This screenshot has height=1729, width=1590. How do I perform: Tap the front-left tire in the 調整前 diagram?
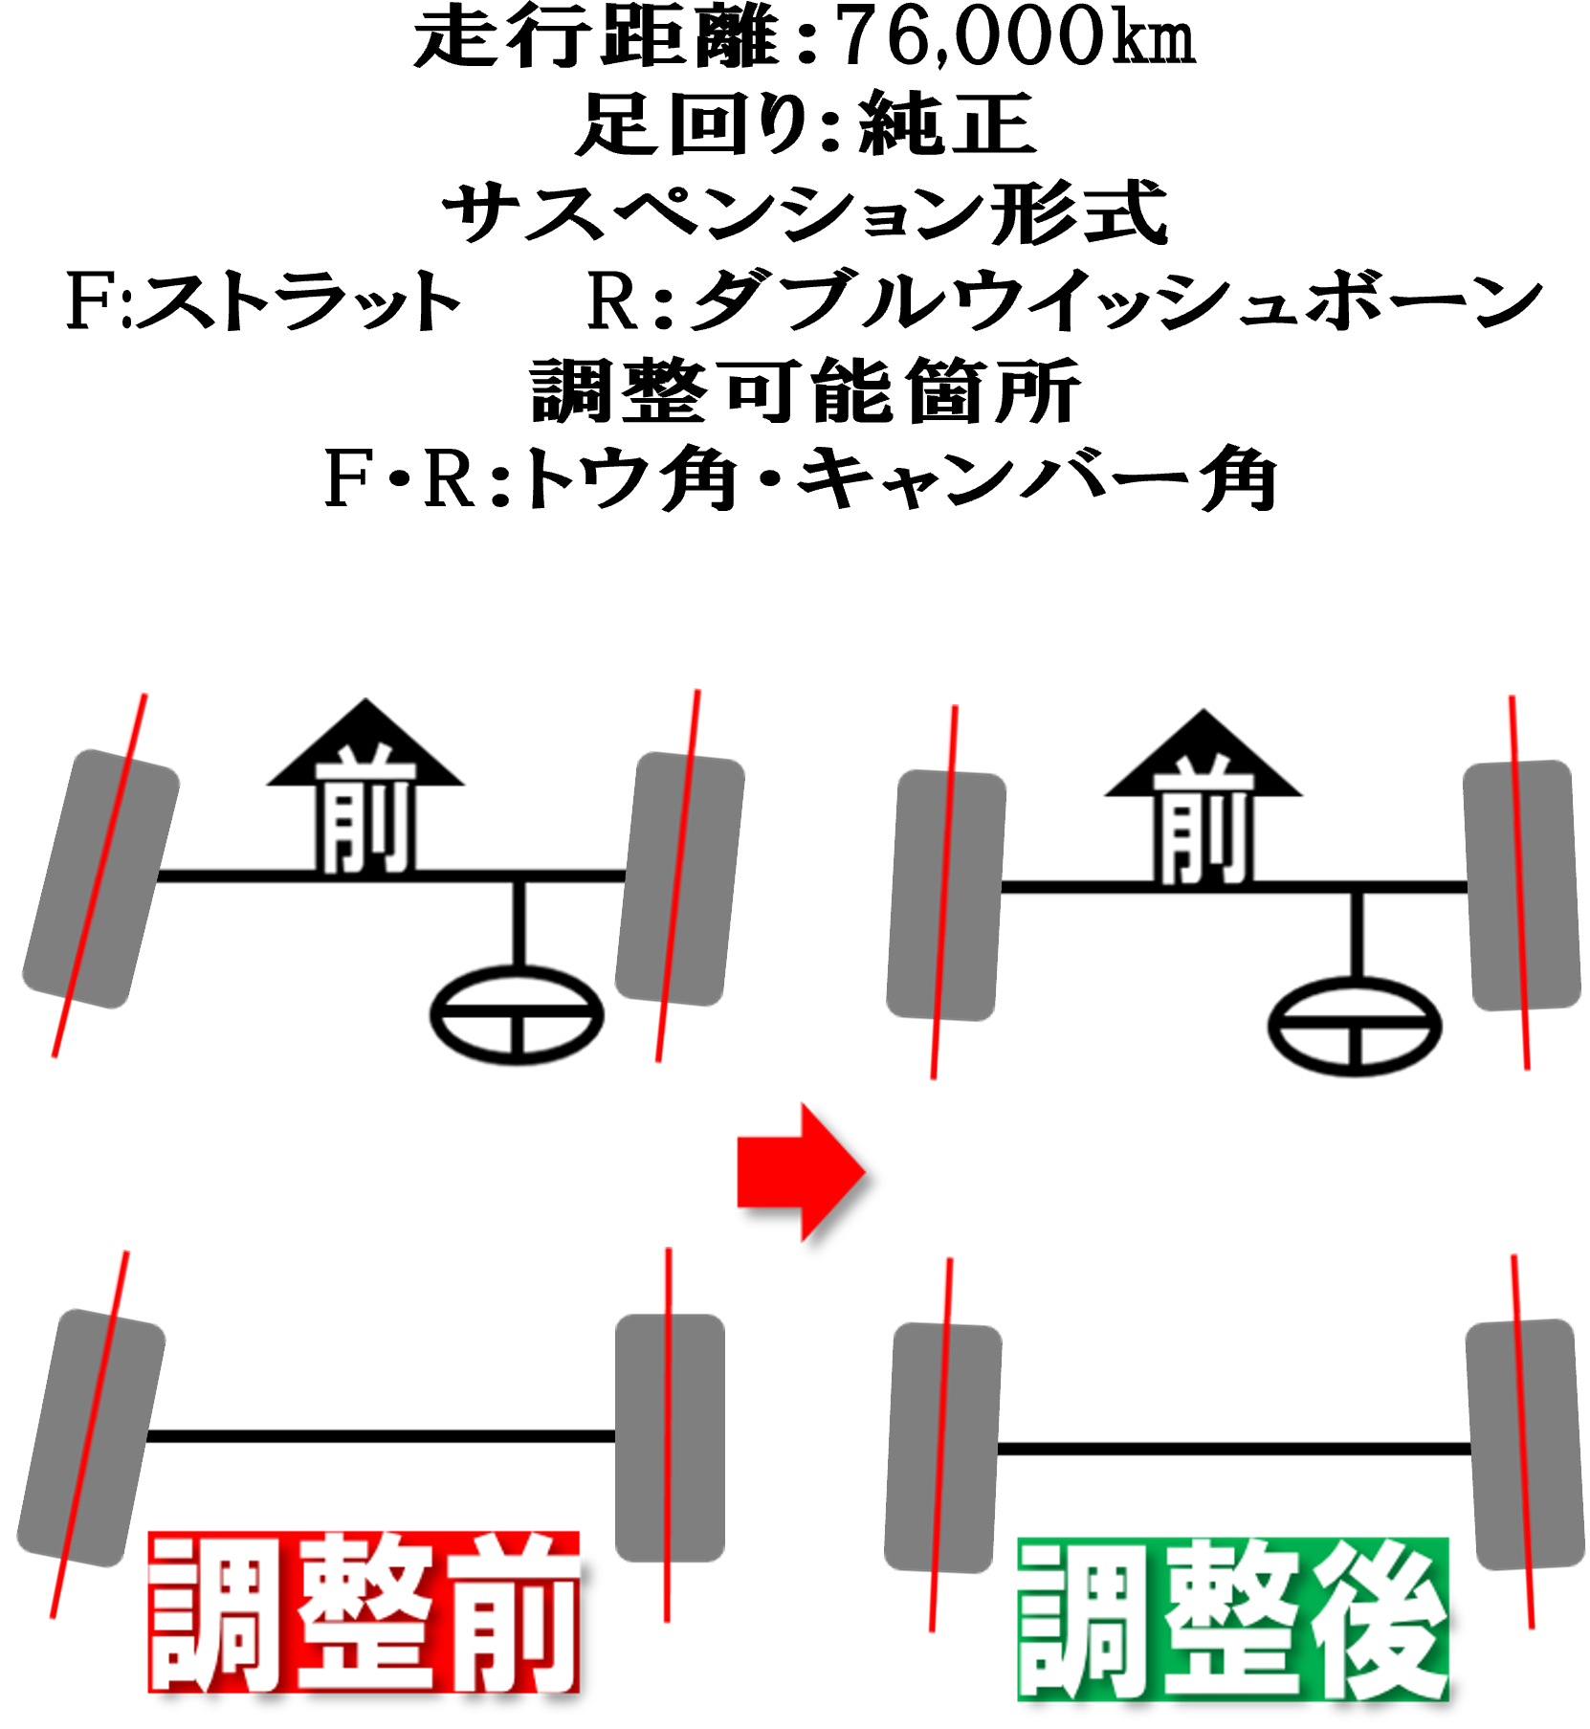[100, 878]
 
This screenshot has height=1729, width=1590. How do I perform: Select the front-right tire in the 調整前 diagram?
[679, 878]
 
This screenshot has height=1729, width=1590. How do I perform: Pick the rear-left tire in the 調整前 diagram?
[91, 1437]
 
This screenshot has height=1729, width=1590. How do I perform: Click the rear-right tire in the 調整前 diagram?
[669, 1437]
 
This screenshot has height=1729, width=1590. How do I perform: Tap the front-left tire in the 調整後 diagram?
[945, 895]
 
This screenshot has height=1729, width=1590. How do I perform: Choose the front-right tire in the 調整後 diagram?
[1521, 885]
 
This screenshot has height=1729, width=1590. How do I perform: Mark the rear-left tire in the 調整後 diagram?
[942, 1448]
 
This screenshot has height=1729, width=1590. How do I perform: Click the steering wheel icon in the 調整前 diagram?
[517, 1015]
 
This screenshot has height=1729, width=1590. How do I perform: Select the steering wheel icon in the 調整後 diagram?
[1355, 1027]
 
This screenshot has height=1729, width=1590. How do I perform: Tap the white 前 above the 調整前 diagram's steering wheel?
[365, 809]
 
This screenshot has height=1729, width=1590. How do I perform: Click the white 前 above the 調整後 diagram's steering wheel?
[1204, 821]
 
